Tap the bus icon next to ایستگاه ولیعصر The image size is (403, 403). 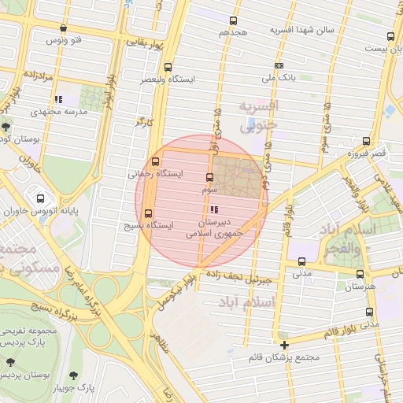(168, 68)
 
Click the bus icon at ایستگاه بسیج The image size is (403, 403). (149, 213)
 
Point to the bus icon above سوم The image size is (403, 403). (209, 178)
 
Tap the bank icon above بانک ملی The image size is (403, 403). (279, 66)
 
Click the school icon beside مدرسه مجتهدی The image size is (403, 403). (58, 100)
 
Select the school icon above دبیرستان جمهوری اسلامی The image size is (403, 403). (214, 209)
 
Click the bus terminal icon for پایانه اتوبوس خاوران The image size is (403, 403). (40, 198)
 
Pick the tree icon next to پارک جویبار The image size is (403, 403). (74, 375)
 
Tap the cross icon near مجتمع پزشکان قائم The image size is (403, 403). (284, 345)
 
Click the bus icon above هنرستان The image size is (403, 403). (360, 275)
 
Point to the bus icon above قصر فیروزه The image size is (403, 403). (364, 141)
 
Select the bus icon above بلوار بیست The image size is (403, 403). (391, 36)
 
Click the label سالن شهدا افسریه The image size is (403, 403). (303, 30)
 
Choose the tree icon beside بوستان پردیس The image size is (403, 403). (10, 363)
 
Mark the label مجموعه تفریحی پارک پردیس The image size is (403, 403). (31, 338)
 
